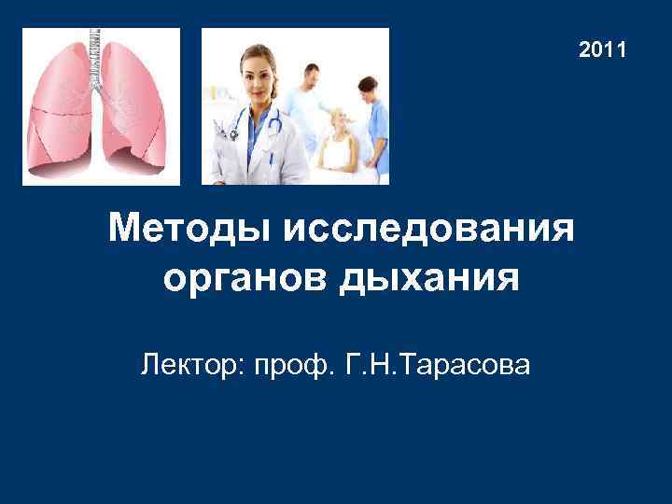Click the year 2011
602,49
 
